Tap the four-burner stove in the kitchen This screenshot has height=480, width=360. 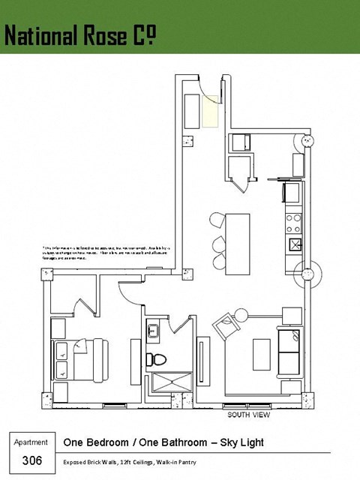pos(294,222)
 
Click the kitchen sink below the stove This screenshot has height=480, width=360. pos(294,243)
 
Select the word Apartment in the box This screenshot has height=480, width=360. pos(31,442)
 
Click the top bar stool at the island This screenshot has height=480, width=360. pos(216,220)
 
